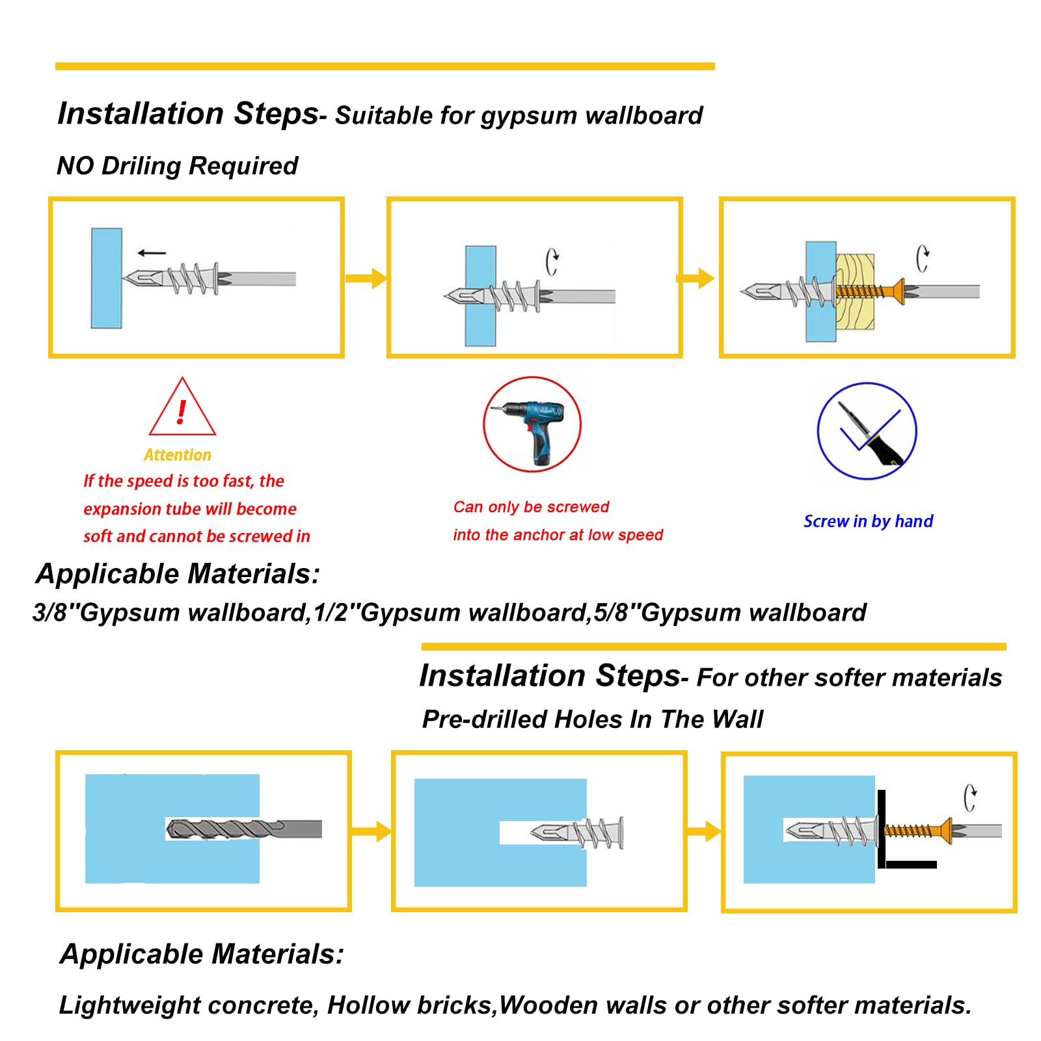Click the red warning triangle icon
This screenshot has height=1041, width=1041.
coord(182,409)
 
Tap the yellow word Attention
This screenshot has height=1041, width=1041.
coord(178,455)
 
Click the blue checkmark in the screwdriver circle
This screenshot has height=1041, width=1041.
coord(869,431)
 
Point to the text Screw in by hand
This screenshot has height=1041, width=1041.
coord(868,521)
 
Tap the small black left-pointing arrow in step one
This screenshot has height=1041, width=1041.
coord(152,253)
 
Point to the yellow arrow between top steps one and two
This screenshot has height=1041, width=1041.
coord(366,278)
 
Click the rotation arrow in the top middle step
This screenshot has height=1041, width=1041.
coord(552,262)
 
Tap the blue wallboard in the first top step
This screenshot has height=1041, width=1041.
coord(107,278)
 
